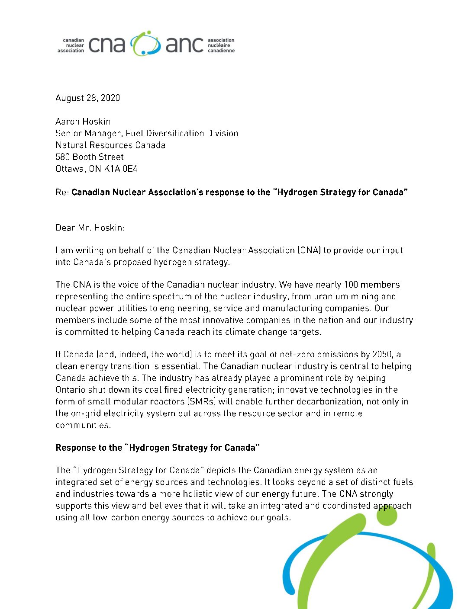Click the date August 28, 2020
(87, 98)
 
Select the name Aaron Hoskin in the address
(83, 122)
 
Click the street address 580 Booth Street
(90, 157)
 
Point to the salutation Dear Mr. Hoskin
(90, 228)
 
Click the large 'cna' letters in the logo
(106, 45)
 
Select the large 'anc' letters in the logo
(184, 45)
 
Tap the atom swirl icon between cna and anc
(145, 43)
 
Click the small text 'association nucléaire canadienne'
(221, 45)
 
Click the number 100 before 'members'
(351, 285)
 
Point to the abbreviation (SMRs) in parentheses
(202, 402)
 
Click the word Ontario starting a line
(71, 390)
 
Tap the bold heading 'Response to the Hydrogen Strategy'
(158, 448)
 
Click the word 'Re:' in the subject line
(62, 192)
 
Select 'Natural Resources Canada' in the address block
(110, 145)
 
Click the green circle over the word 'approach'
(387, 515)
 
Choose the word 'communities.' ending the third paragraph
(83, 426)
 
